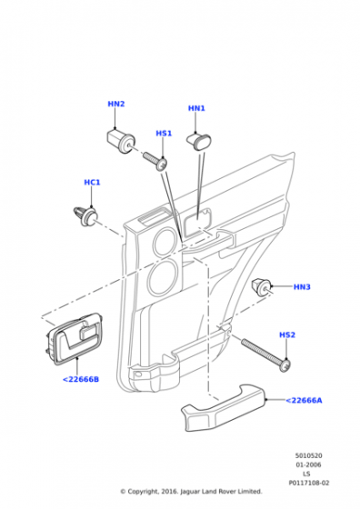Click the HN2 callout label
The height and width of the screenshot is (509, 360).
click(x=116, y=104)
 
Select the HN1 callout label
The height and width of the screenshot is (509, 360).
click(x=196, y=108)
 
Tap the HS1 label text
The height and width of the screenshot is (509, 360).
click(x=164, y=134)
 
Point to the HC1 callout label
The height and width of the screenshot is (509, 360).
click(x=92, y=183)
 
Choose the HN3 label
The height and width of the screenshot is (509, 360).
click(x=302, y=287)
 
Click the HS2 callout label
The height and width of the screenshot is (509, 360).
click(x=287, y=334)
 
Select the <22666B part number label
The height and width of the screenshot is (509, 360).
click(x=81, y=379)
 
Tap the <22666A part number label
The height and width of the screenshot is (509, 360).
click(x=304, y=400)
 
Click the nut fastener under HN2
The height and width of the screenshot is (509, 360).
click(x=121, y=141)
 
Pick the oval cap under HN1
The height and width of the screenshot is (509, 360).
click(x=199, y=142)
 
